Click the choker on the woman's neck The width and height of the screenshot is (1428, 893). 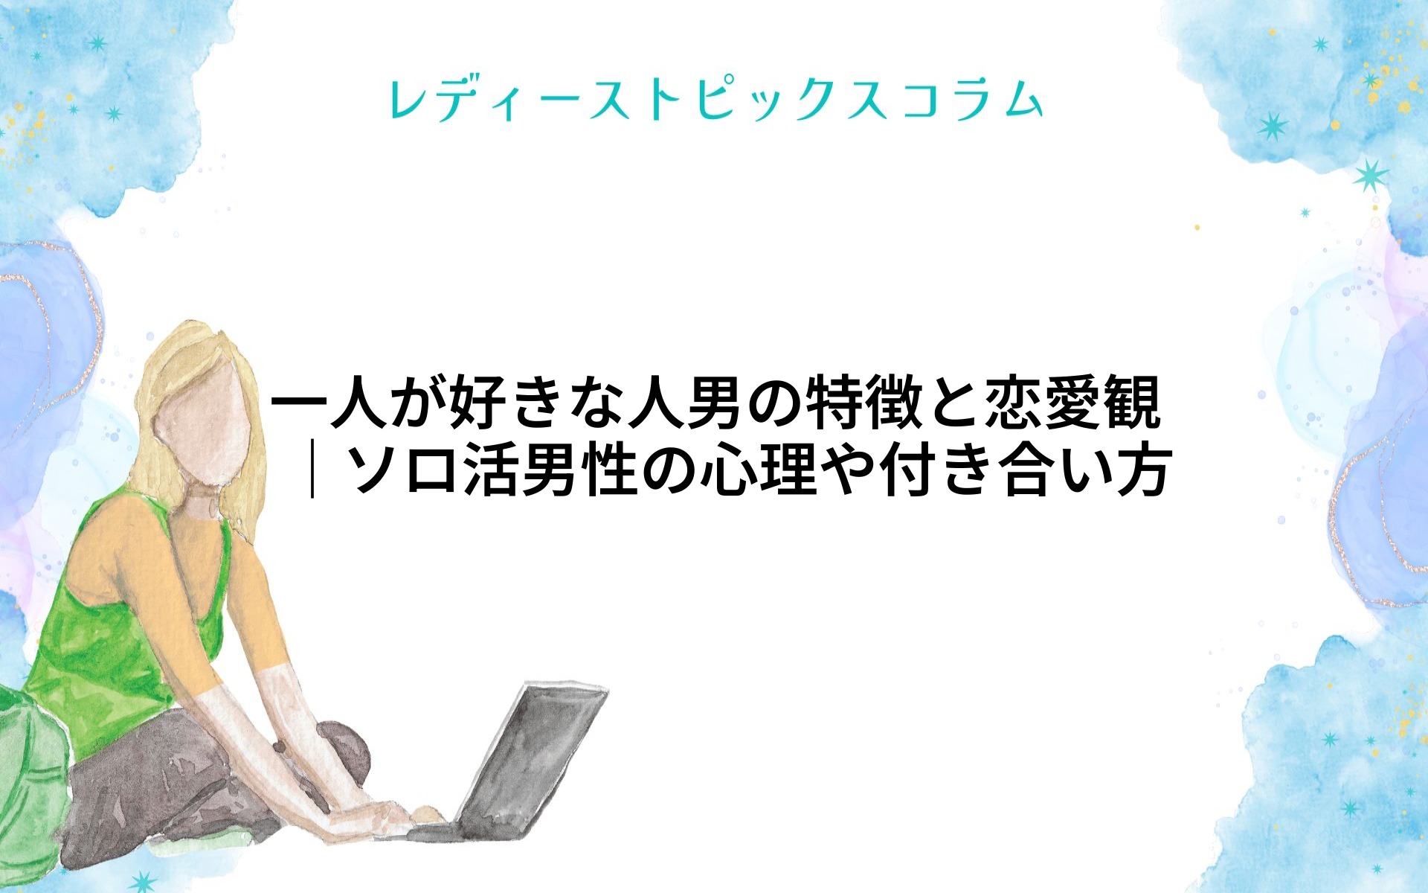(x=201, y=504)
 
